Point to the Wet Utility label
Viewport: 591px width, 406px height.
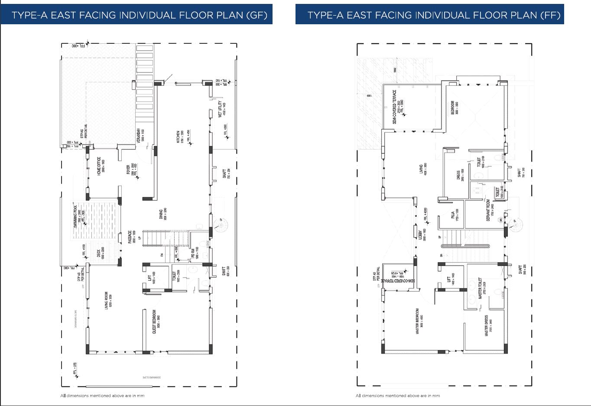[x=221, y=110]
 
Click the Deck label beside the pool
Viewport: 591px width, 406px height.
[x=98, y=254]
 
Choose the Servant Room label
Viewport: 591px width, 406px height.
[x=488, y=211]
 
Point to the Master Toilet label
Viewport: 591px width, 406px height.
[x=480, y=289]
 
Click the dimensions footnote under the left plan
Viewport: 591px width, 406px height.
[x=102, y=396]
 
